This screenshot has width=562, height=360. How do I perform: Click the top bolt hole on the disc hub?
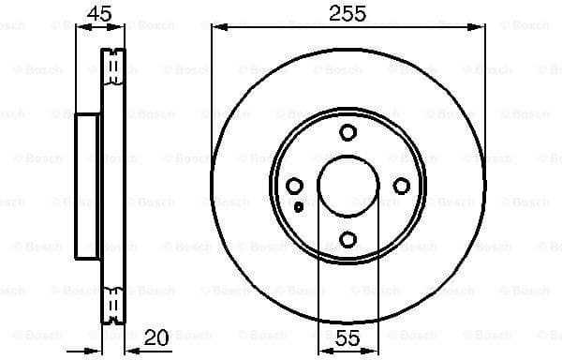348,132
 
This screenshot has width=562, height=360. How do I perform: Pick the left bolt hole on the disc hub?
294,187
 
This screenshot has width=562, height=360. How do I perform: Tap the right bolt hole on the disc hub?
402,187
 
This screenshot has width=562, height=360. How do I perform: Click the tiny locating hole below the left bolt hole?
297,207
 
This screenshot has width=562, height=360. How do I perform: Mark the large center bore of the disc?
348,186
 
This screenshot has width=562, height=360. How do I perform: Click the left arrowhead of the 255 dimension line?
216,28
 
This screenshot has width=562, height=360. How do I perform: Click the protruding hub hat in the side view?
87,186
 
